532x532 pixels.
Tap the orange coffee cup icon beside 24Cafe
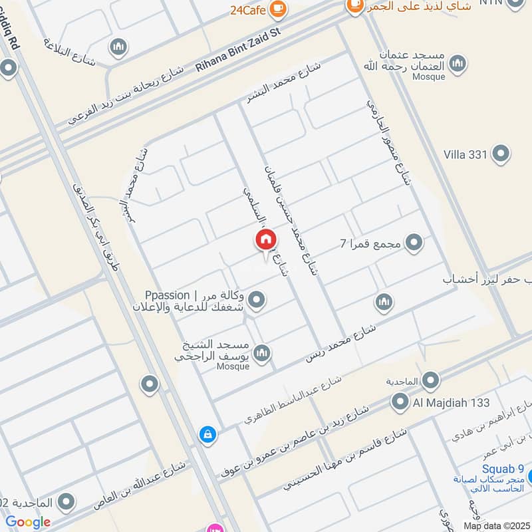tap(279, 7)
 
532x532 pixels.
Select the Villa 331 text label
tap(466, 154)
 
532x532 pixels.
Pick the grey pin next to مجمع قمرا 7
tap(414, 243)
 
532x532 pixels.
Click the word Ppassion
tap(166, 295)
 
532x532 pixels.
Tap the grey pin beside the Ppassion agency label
tap(256, 301)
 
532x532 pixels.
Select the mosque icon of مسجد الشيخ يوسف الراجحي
tap(262, 351)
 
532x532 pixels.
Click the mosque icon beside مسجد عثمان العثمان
tap(457, 65)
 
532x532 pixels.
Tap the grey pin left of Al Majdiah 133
tap(400, 402)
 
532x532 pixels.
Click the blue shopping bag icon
tap(208, 435)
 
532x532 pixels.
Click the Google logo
tap(28, 522)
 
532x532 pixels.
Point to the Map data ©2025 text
tap(497, 526)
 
